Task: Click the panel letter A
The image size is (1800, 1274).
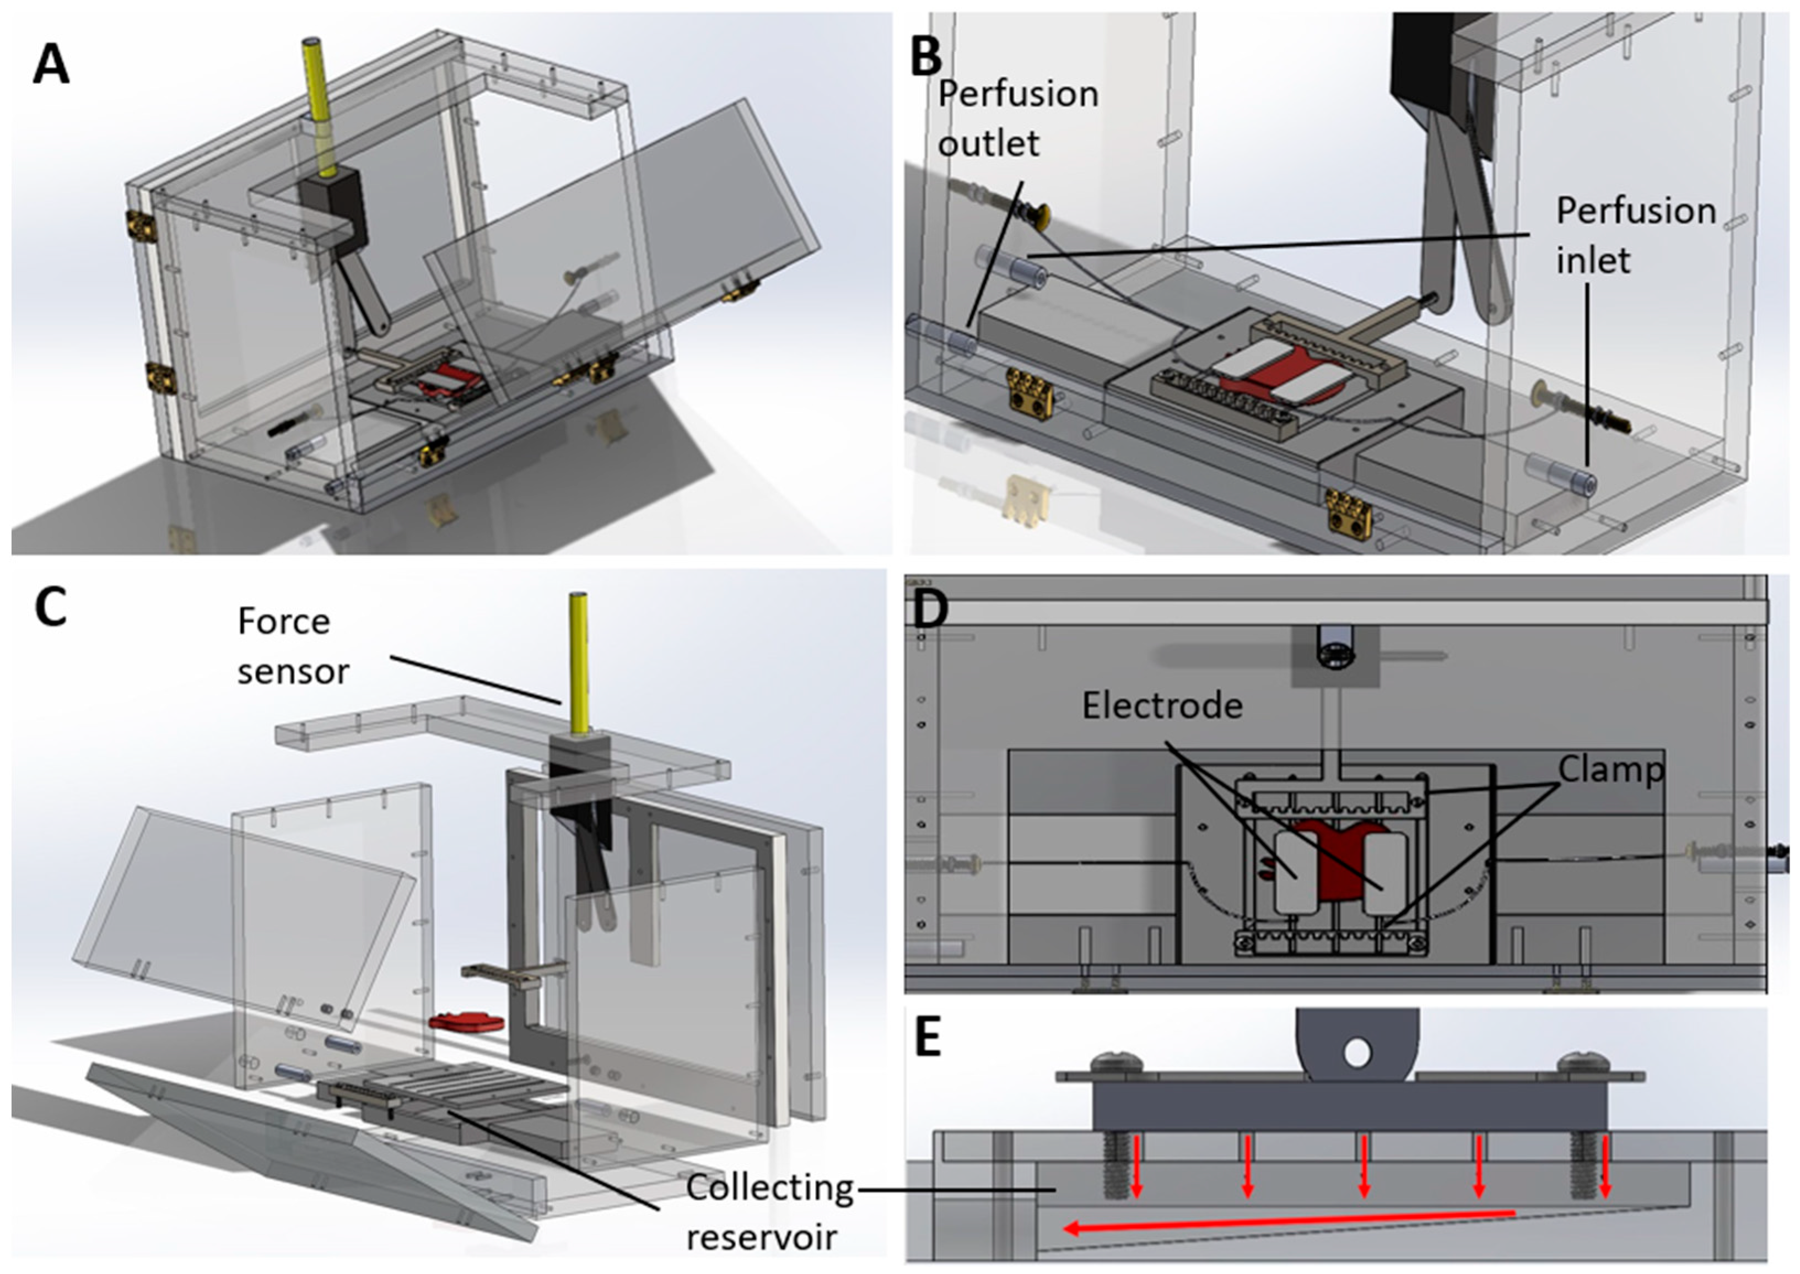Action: tap(51, 64)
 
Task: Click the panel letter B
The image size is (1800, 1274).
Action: tap(926, 57)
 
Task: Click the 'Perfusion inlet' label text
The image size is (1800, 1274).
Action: tap(1635, 235)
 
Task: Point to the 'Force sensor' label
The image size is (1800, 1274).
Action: tap(293, 646)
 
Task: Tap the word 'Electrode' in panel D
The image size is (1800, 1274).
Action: tap(1162, 706)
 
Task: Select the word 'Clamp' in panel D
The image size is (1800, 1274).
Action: tap(1610, 770)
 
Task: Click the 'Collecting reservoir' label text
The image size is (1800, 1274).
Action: tap(769, 1212)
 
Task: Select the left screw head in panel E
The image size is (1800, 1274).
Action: tap(1113, 1062)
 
